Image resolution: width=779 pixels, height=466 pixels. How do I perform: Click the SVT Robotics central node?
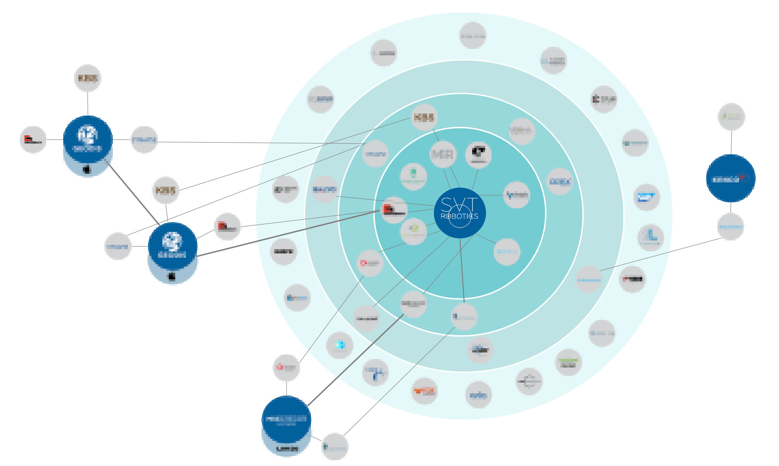pos(460,213)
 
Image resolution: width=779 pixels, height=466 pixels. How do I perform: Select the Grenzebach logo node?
pos(33,140)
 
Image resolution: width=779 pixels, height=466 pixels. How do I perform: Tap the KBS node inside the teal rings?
pos(424,117)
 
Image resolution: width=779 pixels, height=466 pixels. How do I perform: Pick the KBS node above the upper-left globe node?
pos(88,78)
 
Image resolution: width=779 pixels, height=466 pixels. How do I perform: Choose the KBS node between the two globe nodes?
pos(165,190)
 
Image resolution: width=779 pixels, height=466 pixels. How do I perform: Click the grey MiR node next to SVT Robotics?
pos(443,154)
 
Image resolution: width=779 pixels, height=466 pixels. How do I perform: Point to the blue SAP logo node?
pos(646,197)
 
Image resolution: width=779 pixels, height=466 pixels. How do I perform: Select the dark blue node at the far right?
pos(730,178)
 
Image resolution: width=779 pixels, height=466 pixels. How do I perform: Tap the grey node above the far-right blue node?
pos(731,117)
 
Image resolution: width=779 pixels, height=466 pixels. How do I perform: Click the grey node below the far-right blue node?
pos(730,226)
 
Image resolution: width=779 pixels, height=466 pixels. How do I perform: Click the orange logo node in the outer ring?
pos(424,391)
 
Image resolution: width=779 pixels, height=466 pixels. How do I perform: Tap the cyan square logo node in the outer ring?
pos(340,345)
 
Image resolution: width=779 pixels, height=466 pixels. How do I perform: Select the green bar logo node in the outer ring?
pos(568,362)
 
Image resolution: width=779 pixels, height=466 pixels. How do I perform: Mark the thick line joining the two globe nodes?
pos(133,193)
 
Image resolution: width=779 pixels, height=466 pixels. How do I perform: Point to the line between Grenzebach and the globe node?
pos(55,140)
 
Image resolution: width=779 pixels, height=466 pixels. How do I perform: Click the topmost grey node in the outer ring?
pos(473,35)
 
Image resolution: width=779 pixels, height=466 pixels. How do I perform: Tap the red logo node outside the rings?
pos(227,226)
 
